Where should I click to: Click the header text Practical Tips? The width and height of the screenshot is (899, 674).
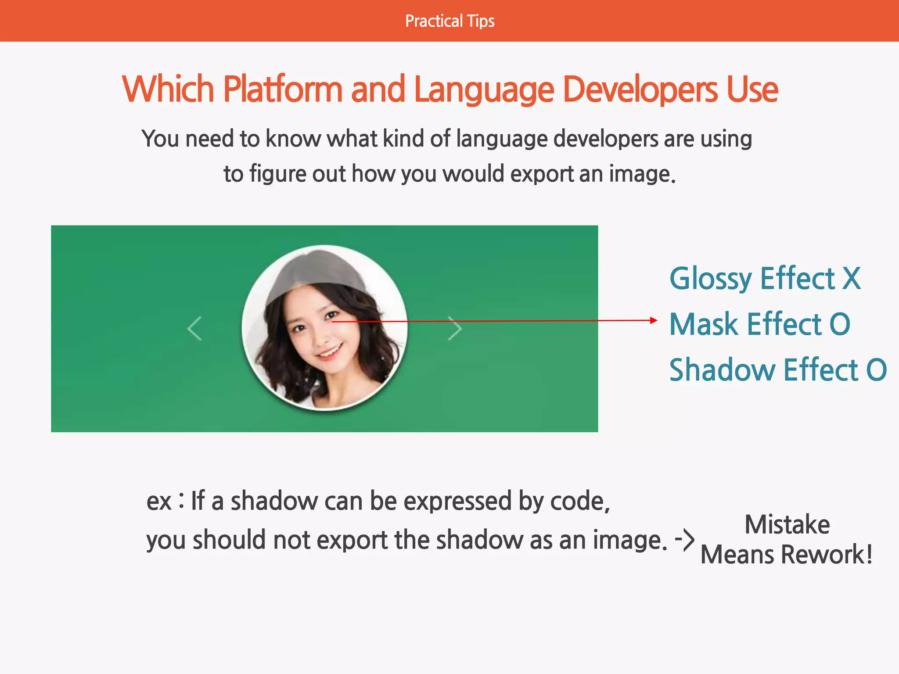[x=449, y=21]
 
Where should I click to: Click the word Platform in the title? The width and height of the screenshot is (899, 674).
[x=283, y=90]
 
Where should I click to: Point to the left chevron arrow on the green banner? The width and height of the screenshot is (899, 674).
[x=194, y=328]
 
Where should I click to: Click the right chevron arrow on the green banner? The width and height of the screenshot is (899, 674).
[x=455, y=328]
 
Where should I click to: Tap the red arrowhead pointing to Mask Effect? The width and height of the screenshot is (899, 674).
[x=654, y=320]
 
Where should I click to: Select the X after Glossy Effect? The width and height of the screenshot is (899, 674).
[x=851, y=278]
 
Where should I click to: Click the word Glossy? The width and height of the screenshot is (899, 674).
[x=711, y=279]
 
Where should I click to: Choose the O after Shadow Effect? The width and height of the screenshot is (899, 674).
[x=876, y=370]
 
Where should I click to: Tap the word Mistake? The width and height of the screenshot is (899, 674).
[x=787, y=525]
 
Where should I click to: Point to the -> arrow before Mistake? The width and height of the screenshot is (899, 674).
[x=685, y=539]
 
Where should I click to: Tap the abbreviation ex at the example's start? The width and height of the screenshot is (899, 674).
[x=158, y=502]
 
